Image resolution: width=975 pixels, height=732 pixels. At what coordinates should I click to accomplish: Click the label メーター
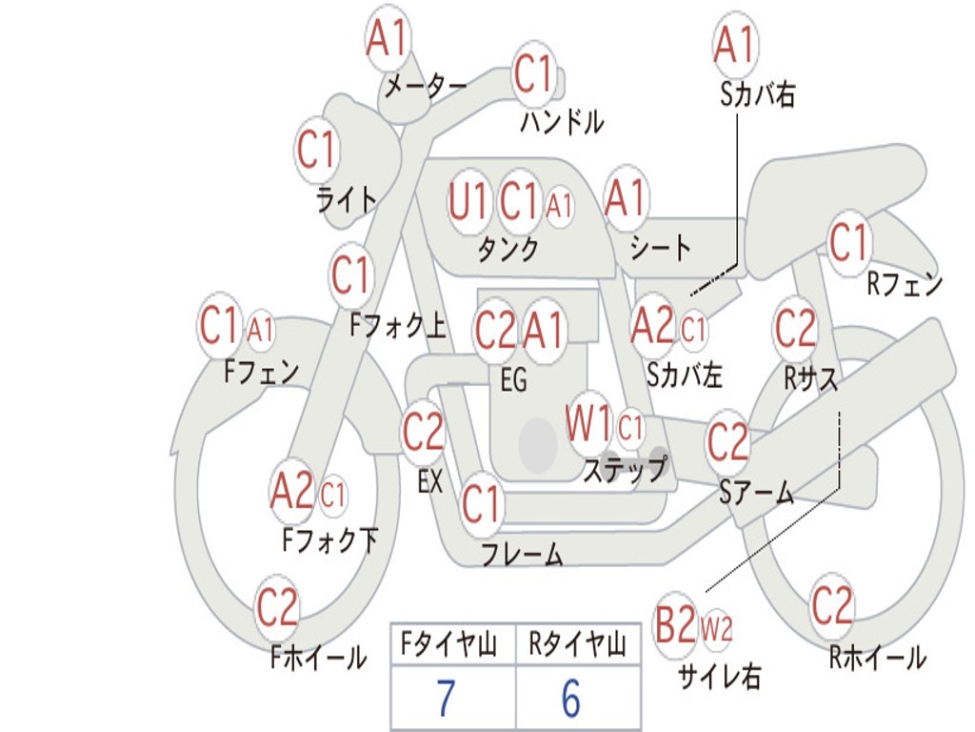point(426,86)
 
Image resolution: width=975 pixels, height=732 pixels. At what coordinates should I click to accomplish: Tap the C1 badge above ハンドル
point(533,73)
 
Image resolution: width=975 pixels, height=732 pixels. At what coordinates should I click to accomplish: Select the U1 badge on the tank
point(468,202)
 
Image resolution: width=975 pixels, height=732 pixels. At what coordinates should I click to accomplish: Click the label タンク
point(507,249)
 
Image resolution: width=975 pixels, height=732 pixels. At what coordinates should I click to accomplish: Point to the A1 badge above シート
point(627,198)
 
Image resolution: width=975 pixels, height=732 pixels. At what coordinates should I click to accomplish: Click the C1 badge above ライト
point(317,150)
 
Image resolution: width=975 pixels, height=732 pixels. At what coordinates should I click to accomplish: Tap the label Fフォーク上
point(398,325)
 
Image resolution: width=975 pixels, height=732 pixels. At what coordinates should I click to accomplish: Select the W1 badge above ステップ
point(588,424)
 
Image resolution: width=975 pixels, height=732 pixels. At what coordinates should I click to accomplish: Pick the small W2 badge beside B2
point(716,629)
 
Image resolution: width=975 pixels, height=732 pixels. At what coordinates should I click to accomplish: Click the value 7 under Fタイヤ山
point(446,699)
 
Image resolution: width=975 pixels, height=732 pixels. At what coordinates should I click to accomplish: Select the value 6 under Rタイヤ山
point(571,699)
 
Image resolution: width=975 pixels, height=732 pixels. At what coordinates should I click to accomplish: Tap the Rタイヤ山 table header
point(577,644)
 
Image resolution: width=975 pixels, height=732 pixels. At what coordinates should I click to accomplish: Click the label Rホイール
point(877,658)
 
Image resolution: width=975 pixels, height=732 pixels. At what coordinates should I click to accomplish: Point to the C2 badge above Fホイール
point(277,607)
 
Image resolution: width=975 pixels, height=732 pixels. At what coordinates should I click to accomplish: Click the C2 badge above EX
point(423,432)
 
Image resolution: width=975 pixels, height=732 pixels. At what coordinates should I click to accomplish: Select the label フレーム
point(523,554)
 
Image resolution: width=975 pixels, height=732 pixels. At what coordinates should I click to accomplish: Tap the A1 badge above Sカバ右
point(736,44)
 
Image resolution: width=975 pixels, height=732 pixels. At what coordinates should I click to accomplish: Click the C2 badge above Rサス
point(795,329)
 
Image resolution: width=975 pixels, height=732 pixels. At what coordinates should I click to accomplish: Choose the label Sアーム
point(757,493)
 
